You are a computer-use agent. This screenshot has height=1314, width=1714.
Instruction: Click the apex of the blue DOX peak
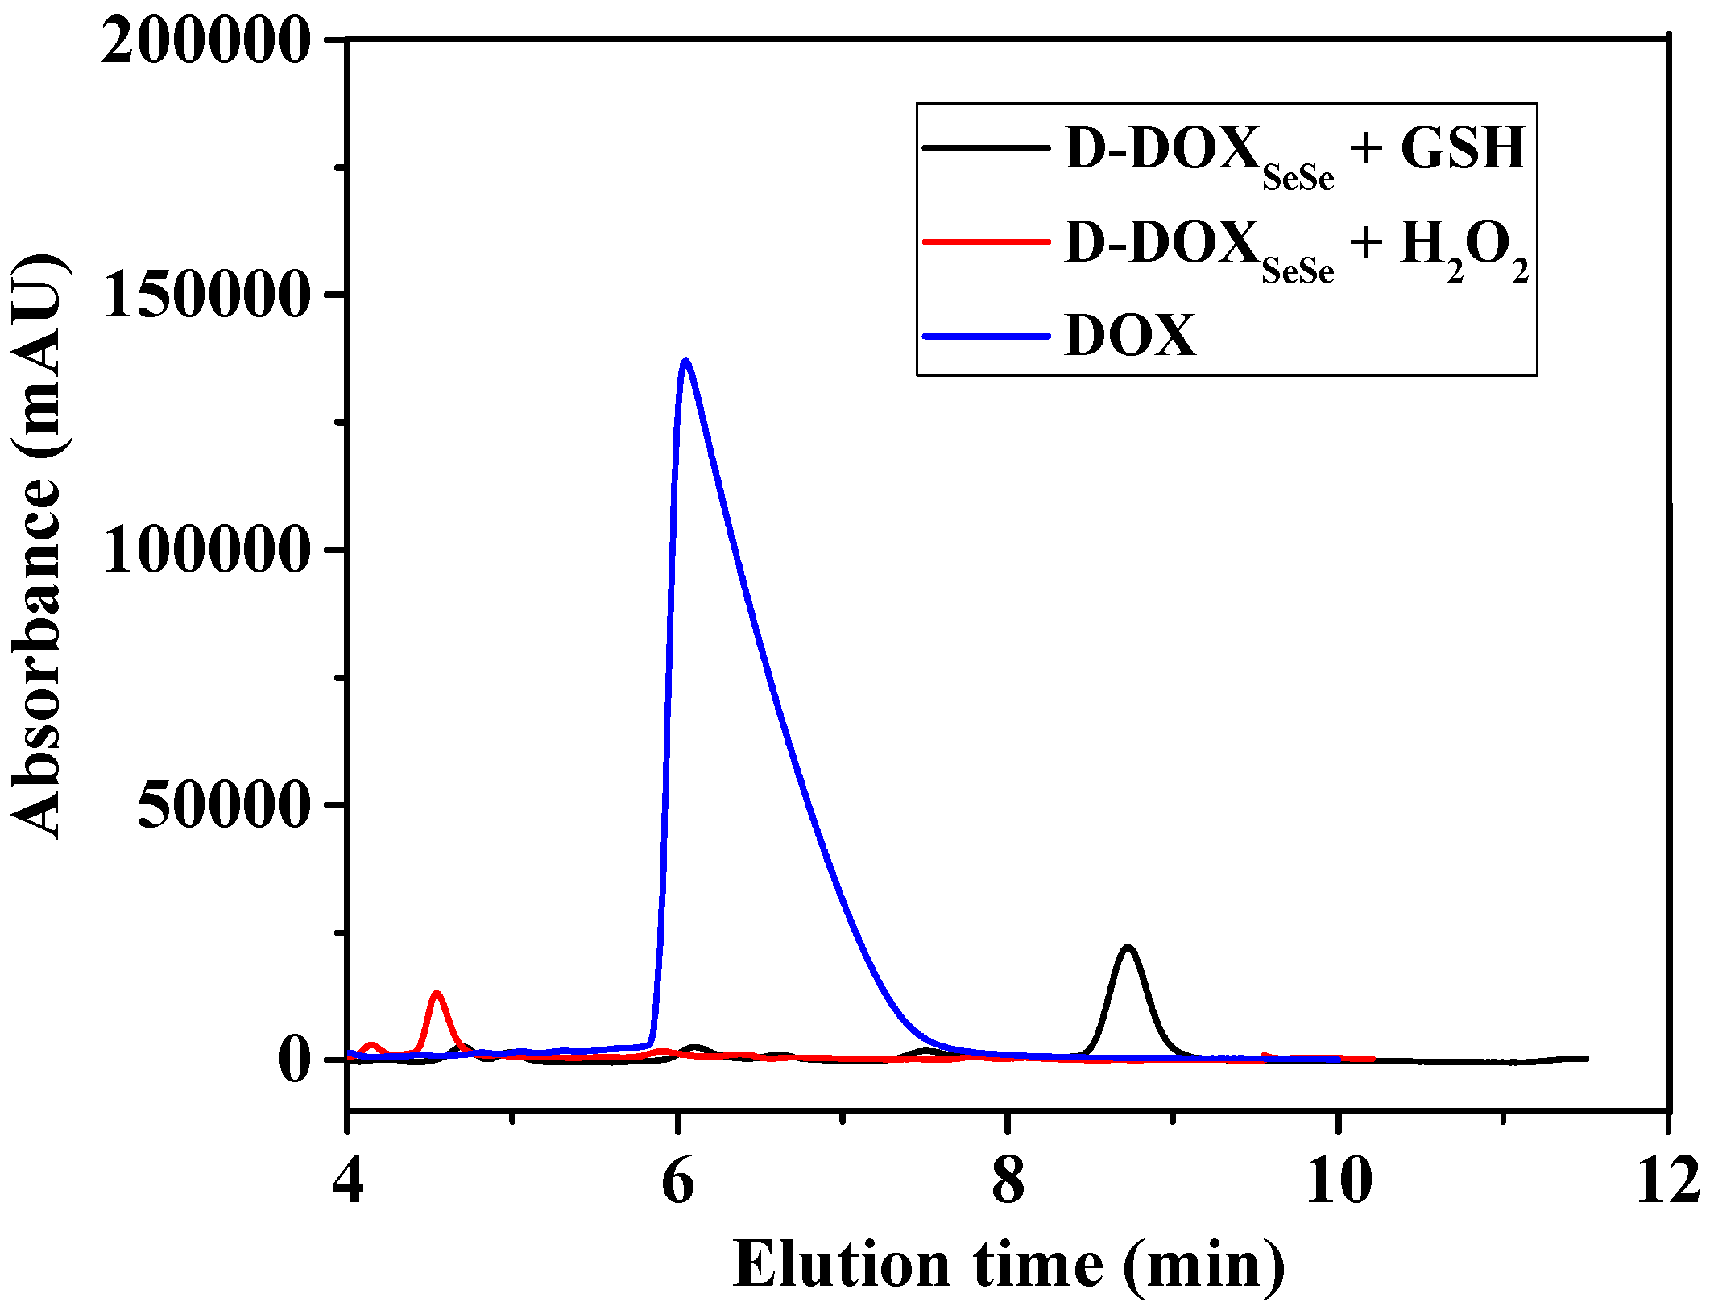685,361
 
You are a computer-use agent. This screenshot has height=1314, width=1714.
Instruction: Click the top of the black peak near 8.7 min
1128,948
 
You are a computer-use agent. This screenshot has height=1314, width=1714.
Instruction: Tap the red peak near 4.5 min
437,994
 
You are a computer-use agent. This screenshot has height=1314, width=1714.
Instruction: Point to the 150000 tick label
206,295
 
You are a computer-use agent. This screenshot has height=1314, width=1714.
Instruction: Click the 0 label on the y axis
294,1060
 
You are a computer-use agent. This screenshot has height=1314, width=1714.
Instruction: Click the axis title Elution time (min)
1008,1266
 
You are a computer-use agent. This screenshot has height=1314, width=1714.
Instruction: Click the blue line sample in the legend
987,336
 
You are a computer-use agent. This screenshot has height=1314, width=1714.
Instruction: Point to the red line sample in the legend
987,242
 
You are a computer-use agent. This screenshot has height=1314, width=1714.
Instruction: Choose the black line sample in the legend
987,148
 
